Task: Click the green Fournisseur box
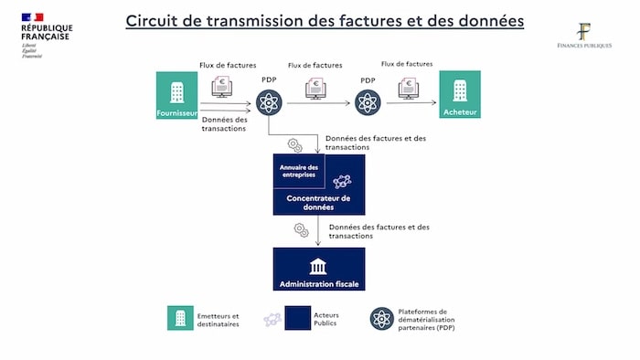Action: [177, 96]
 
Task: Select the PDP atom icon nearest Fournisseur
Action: [268, 102]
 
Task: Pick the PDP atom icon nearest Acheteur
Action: [368, 102]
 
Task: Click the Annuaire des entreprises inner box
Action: [299, 170]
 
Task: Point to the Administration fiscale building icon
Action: [318, 266]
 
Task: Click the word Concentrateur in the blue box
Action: [318, 197]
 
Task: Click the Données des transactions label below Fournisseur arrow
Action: [225, 124]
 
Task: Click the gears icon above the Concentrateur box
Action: [294, 144]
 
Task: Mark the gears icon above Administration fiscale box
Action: [301, 229]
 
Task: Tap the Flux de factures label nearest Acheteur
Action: [407, 64]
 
